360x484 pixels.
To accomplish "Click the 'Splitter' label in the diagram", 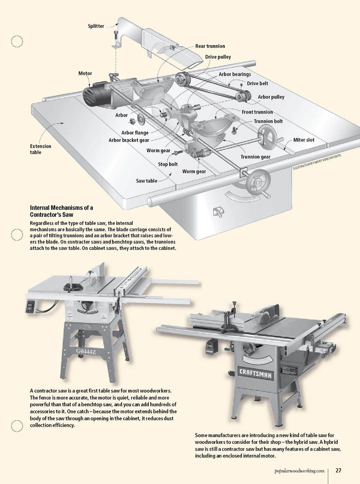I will [96, 26].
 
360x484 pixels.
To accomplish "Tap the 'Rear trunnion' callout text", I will [210, 46].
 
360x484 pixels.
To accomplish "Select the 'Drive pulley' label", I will [218, 57].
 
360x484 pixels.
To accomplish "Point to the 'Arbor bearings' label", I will [235, 74].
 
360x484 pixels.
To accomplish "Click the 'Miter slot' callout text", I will [304, 140].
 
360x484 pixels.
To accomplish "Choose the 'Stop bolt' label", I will [168, 164].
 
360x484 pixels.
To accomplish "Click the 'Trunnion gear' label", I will [255, 157].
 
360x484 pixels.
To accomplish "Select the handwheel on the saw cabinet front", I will [255, 183].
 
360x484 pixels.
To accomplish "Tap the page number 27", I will [338, 471].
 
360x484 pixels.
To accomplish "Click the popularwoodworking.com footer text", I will [299, 471].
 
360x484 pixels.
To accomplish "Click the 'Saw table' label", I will [147, 181].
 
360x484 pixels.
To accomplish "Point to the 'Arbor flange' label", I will [135, 133].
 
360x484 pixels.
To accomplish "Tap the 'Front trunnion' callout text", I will [257, 112].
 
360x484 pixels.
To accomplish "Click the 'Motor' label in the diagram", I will [85, 73].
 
